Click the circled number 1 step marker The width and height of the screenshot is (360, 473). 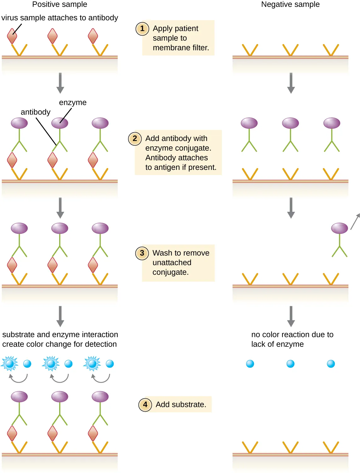142,29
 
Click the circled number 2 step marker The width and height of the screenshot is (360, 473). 135,138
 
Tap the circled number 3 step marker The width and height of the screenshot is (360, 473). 142,253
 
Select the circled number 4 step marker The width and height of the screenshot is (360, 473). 145,404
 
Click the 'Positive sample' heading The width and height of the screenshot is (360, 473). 59,4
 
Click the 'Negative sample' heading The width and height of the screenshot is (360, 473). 290,4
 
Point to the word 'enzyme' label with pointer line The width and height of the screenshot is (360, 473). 73,103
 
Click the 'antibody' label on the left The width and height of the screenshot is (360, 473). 36,112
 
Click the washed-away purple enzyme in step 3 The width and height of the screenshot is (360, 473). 339,228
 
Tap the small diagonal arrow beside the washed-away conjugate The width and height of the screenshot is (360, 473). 355,221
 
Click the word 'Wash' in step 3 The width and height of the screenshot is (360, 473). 162,253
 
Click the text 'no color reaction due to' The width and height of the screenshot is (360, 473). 292,335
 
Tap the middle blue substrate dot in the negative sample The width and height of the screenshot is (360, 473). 290,364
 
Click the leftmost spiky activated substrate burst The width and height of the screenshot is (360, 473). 10,364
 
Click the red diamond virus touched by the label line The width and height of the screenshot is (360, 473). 12,36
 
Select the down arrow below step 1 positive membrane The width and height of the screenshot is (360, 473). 60,83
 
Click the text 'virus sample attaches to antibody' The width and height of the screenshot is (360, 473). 59,18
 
